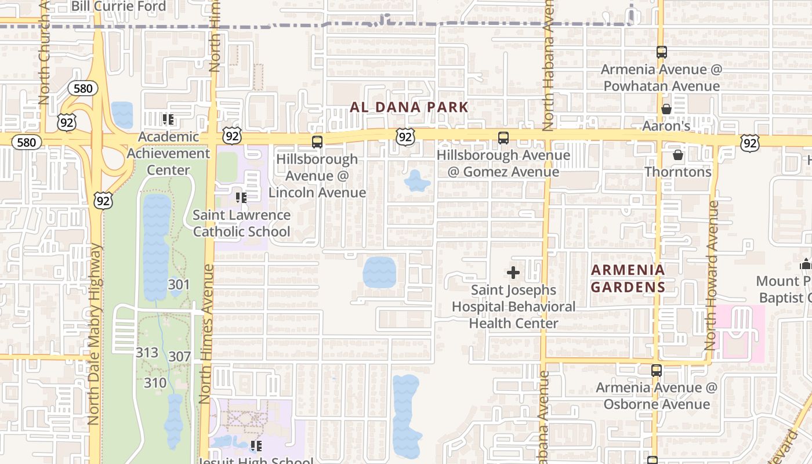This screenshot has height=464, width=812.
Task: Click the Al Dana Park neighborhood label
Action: pos(409,107)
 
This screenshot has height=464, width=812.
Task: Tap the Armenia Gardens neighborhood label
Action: pos(628,278)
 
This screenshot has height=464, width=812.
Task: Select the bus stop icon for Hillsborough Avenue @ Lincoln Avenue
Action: pos(317,142)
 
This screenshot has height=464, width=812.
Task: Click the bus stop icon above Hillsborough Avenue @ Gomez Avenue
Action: pos(503,138)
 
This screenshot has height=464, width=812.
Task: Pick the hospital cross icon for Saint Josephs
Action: pos(513,273)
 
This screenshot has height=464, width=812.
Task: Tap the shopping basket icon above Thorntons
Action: pos(677,155)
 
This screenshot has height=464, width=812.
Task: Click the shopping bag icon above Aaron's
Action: pos(666,109)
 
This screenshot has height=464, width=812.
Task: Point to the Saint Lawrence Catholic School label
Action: pos(241,223)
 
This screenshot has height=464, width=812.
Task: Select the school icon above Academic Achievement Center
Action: pos(168,120)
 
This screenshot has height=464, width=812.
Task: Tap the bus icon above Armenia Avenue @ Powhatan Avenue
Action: pos(662,52)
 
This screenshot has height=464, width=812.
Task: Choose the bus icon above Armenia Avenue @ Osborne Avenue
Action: pos(656,370)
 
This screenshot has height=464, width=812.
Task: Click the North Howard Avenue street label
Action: pos(712,275)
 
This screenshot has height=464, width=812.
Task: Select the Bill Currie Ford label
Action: pos(118,6)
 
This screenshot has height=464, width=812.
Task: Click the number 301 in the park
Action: pos(179,285)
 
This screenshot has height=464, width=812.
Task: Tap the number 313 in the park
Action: pos(147,353)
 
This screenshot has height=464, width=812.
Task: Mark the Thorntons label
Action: pos(678,172)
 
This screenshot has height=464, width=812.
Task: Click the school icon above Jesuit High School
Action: pos(256,446)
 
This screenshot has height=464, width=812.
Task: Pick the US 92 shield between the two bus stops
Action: pos(405,137)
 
